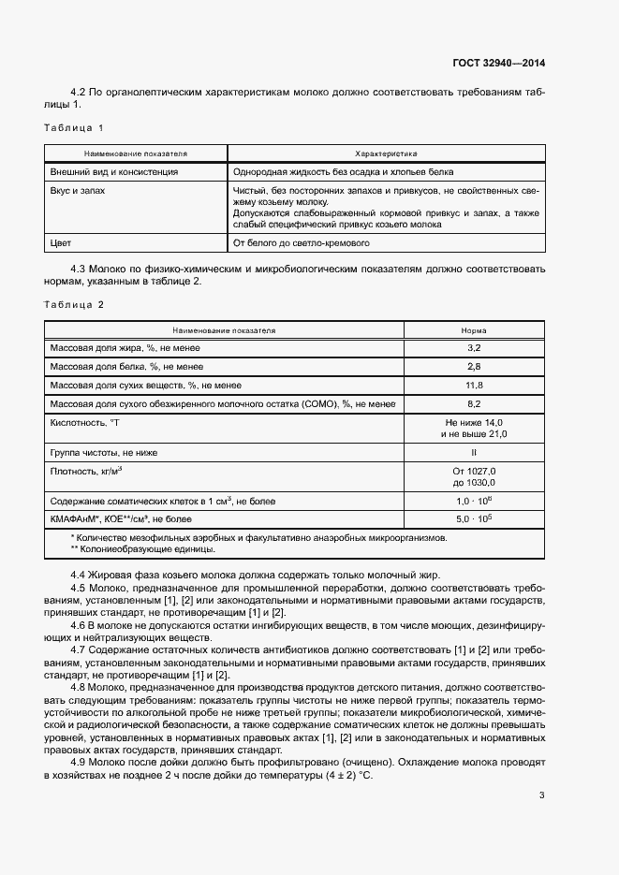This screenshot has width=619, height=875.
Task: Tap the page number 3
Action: point(541,795)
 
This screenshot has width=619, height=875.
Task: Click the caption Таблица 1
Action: point(74,127)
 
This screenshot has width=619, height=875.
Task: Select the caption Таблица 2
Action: point(74,305)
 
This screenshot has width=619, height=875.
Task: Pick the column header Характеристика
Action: point(386,153)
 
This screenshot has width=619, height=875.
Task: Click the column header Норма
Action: point(473,330)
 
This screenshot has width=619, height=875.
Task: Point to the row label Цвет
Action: point(59,243)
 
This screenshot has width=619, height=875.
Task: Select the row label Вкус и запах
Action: point(78,190)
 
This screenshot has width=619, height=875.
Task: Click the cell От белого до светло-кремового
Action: point(302,243)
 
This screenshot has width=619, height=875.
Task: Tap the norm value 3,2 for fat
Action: point(473,347)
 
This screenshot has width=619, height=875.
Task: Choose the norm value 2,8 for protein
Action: point(473,366)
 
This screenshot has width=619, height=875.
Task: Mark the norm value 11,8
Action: point(473,385)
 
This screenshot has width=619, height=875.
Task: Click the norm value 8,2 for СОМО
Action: point(473,403)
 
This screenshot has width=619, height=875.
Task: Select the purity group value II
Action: point(473,452)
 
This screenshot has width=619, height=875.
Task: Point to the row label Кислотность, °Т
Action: point(85,423)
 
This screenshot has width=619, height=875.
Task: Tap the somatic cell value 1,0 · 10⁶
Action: point(473,501)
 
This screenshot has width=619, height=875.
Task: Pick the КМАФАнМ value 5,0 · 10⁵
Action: point(473,518)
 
